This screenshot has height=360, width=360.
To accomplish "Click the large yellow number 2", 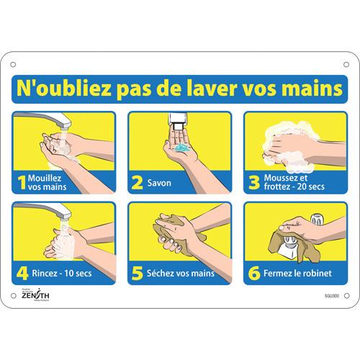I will (137, 183).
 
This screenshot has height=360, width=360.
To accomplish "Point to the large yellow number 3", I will (253, 183).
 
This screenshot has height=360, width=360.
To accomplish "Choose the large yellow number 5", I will (137, 274).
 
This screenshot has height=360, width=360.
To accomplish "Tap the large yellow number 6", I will (253, 274).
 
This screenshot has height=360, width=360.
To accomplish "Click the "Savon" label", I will (160, 184).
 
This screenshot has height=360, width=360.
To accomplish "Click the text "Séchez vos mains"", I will (180, 274).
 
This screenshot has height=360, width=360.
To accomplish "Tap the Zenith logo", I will (33, 295).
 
